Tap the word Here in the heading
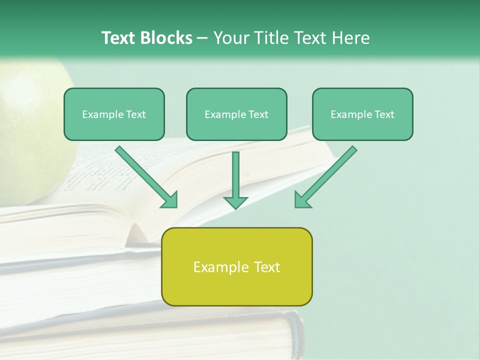pyautogui.click(x=350, y=38)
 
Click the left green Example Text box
pyautogui.click(x=114, y=114)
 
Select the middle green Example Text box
pyautogui.click(x=236, y=114)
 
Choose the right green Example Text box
pyautogui.click(x=362, y=114)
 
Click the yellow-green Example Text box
pyautogui.click(x=236, y=266)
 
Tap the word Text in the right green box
pyautogui.click(x=384, y=114)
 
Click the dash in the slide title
pyautogui.click(x=202, y=38)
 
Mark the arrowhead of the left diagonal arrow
pyautogui.click(x=170, y=200)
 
